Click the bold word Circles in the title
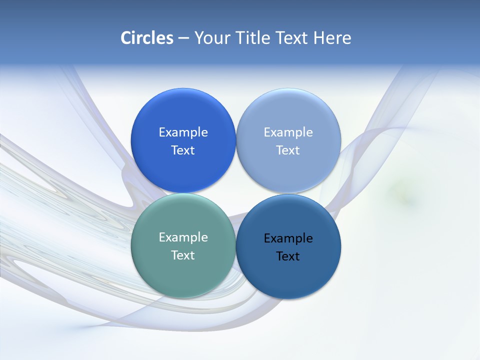[146, 38]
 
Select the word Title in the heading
[253, 38]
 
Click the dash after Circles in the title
[183, 38]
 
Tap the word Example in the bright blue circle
[183, 132]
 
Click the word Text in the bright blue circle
[183, 150]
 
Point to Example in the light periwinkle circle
[288, 132]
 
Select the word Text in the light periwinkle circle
[288, 150]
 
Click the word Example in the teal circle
[183, 237]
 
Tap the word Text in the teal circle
[183, 255]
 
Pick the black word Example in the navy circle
[288, 238]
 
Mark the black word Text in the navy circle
[288, 256]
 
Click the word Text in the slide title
[292, 38]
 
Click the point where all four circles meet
[235, 193]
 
